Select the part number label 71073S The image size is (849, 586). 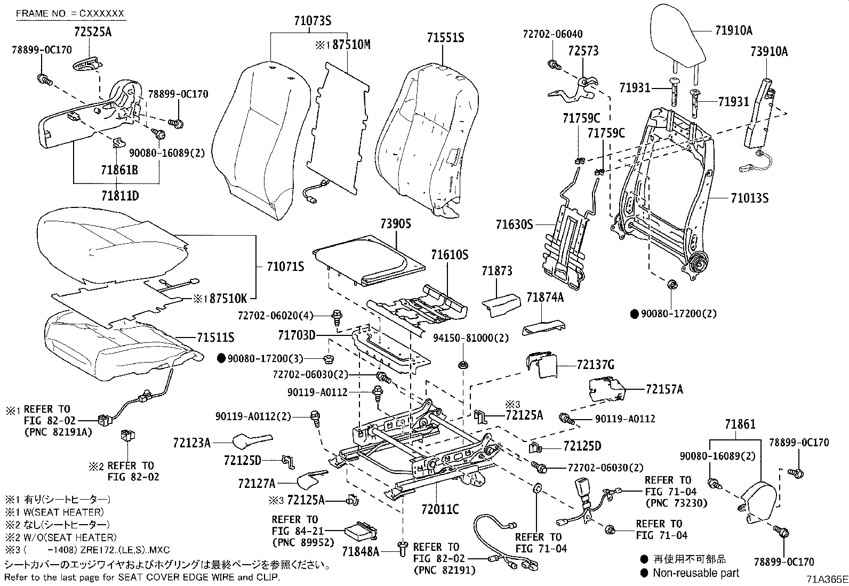[x=312, y=21]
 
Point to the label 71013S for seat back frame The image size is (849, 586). [x=749, y=198]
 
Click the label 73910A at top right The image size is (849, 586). [x=768, y=52]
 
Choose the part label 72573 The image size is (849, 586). [x=583, y=51]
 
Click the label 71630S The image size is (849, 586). [x=514, y=224]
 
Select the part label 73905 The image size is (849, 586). [x=396, y=224]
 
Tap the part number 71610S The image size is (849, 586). [x=449, y=255]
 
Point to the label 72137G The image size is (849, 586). [x=596, y=365]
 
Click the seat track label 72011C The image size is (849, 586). [x=439, y=510]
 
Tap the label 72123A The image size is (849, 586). [x=191, y=442]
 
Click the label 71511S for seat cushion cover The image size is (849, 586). [x=215, y=338]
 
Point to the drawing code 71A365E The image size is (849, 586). [x=826, y=579]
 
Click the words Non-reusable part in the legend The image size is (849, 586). [x=696, y=573]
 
